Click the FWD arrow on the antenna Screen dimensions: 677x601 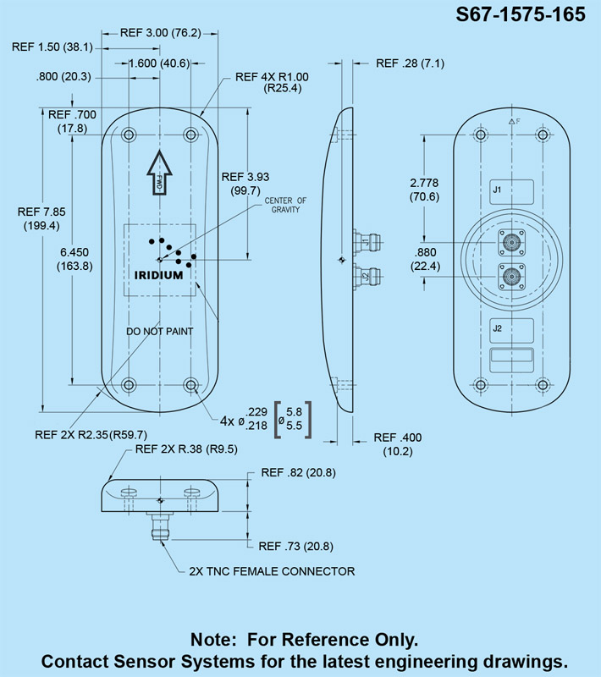(x=160, y=173)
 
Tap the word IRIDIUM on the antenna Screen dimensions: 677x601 (x=159, y=275)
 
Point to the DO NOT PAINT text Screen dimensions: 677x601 (x=160, y=331)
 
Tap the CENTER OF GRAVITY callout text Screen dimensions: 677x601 (x=286, y=204)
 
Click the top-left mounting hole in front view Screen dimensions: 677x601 (x=129, y=135)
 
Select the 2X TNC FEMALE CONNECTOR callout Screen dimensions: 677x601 (x=272, y=571)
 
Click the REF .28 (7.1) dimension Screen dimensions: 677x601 (x=410, y=63)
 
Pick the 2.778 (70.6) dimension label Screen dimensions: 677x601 (x=424, y=190)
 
